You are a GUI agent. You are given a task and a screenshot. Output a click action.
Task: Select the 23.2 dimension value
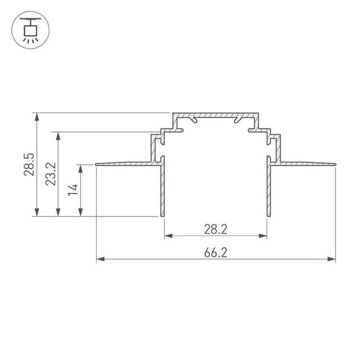(x=51, y=174)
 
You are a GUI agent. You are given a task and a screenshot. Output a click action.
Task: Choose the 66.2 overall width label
(x=215, y=251)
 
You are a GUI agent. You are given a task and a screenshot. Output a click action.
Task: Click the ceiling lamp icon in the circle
(x=28, y=29)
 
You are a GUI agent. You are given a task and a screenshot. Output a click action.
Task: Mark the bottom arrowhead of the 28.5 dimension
(x=39, y=213)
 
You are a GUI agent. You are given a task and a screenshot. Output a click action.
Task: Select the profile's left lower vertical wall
(x=163, y=189)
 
